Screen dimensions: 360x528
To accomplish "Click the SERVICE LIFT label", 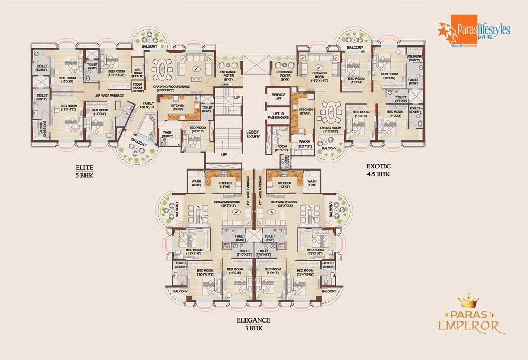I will tap(278, 96).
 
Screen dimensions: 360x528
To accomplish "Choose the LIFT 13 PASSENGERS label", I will tap(278, 115).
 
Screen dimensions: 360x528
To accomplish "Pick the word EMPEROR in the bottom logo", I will tap(468, 325).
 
